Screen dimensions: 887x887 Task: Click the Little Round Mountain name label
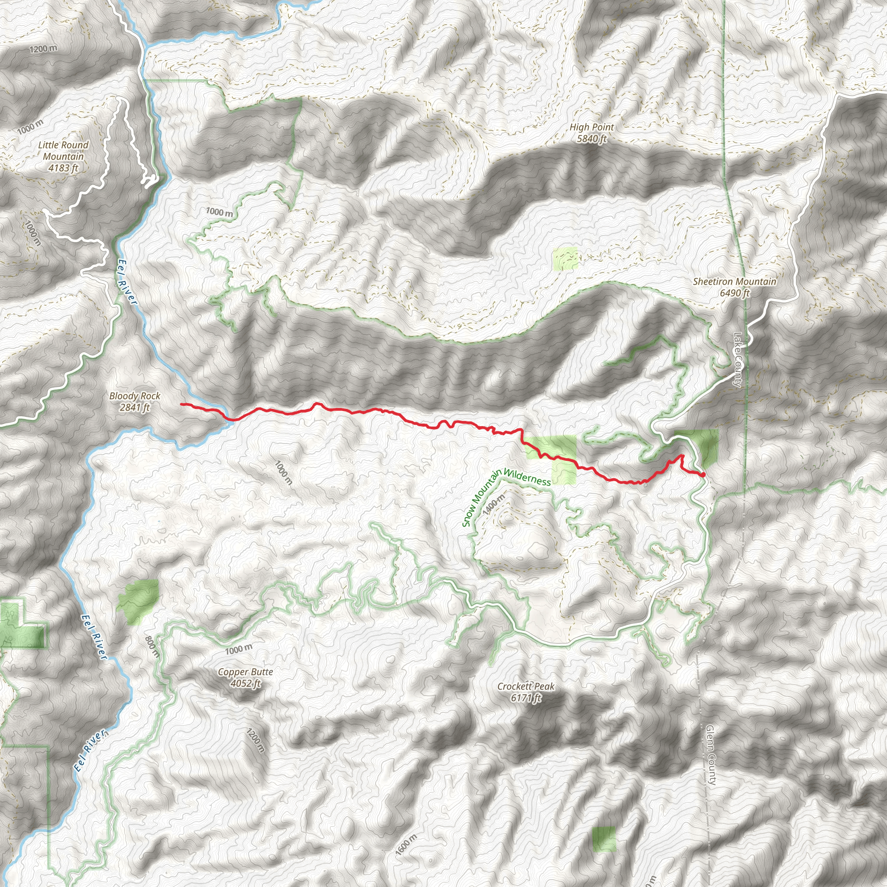[x=63, y=151]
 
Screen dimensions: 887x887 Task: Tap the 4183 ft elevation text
[x=63, y=168]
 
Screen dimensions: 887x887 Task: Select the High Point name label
[x=592, y=127]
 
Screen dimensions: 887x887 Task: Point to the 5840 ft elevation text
[x=592, y=139]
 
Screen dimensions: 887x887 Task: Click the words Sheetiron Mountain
[x=735, y=282]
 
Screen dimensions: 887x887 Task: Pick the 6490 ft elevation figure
[x=735, y=293]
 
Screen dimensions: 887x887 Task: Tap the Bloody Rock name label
[x=135, y=396]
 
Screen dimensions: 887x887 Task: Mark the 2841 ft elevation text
[x=135, y=407]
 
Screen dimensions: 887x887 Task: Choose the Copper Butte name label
[x=246, y=672]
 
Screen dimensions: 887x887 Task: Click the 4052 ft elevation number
[x=246, y=683]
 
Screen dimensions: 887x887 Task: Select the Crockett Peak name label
[x=526, y=687]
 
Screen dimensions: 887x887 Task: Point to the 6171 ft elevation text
[x=526, y=698]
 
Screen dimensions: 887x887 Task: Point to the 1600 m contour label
[x=406, y=845]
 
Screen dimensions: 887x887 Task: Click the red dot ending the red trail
[x=703, y=474]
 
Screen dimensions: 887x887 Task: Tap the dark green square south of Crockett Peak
[x=604, y=839]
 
